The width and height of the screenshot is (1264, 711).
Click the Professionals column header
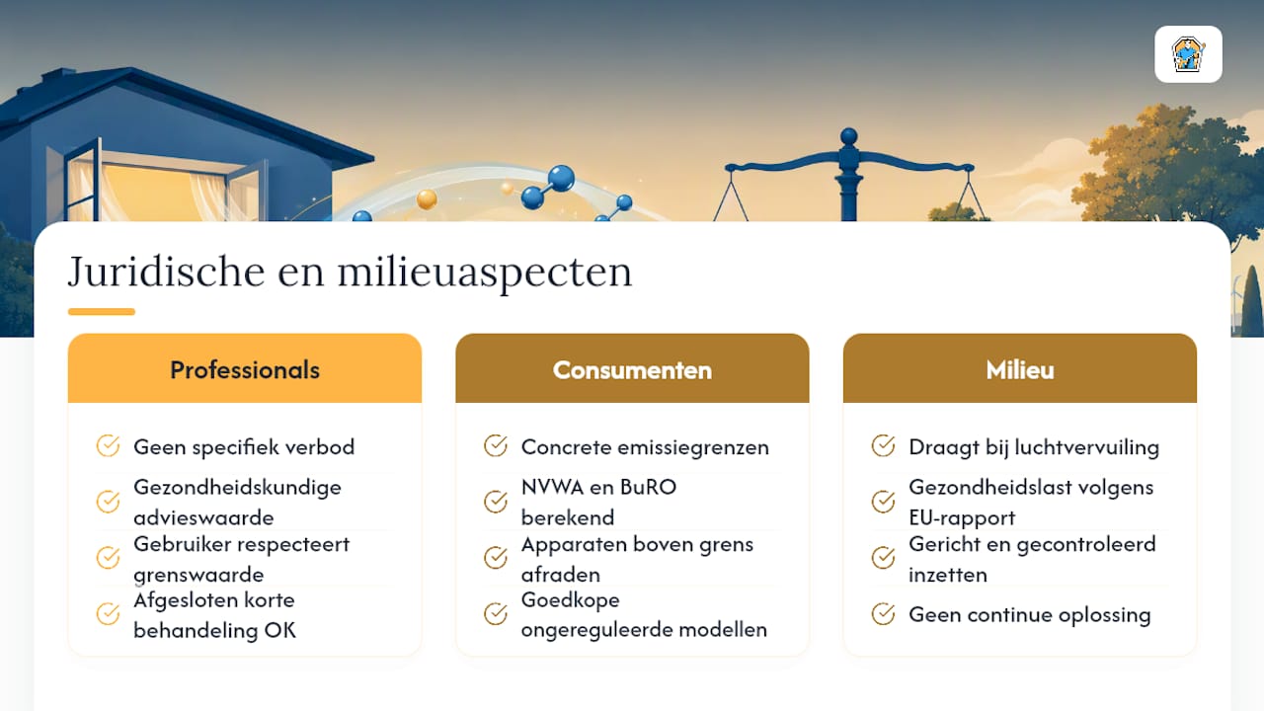244,368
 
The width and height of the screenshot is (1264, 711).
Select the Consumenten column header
632,368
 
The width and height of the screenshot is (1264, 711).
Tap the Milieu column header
1020,368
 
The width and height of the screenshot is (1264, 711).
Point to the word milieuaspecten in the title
485,274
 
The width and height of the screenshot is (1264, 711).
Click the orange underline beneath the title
102,311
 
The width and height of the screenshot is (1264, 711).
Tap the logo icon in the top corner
1188,54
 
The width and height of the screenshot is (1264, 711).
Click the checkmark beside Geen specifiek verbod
108,445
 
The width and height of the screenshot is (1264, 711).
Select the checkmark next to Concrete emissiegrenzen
496,445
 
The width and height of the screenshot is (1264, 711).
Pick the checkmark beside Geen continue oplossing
883,614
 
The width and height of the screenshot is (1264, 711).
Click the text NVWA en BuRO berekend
598,502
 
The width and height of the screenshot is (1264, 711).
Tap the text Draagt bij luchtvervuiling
1034,447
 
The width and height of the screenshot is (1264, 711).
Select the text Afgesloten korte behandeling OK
214,614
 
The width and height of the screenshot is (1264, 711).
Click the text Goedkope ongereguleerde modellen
644,614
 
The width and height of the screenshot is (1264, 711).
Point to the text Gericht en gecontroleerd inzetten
1032,559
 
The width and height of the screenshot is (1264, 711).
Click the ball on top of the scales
848,136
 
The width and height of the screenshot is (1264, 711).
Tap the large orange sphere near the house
427,199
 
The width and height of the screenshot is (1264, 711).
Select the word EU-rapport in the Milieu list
962,518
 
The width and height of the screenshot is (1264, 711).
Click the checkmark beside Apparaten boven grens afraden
496,558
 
